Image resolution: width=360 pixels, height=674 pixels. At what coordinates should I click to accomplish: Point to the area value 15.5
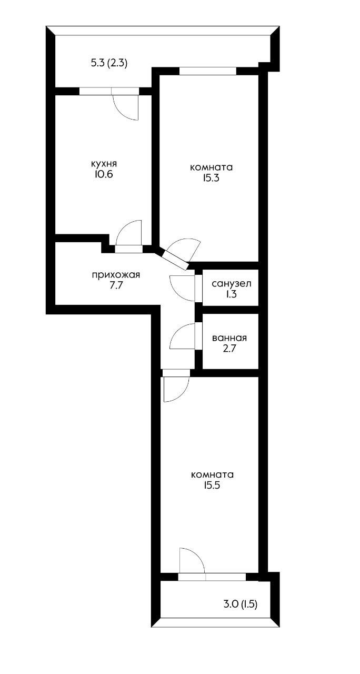tap(212, 485)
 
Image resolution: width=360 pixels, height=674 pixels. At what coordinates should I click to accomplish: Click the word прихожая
tap(116, 274)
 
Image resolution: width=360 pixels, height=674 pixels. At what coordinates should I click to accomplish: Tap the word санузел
tap(231, 284)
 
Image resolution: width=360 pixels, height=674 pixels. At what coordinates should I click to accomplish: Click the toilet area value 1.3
tap(231, 294)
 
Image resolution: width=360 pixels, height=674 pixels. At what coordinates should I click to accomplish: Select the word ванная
tap(229, 339)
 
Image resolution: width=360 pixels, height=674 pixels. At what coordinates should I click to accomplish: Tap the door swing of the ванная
tap(183, 337)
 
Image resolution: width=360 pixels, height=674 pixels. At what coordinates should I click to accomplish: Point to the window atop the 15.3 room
tap(207, 71)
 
